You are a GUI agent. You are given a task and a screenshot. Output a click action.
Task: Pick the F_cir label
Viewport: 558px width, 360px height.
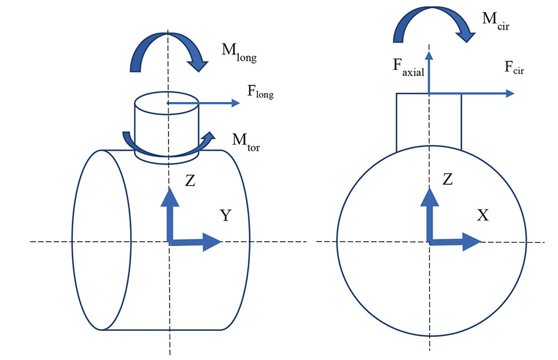(514, 68)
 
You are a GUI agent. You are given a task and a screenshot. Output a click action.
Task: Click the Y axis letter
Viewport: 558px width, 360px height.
(225, 215)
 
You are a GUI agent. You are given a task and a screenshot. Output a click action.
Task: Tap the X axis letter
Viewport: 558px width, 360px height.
(483, 215)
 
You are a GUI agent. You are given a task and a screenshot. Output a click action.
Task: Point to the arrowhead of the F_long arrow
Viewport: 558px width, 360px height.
(235, 103)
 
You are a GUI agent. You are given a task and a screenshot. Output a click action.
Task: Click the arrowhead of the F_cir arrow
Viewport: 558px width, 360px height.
(509, 93)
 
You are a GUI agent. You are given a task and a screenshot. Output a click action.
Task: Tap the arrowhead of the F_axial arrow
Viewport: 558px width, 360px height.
(429, 55)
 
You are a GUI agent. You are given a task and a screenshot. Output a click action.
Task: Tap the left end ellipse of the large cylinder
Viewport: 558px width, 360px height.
(101, 240)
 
